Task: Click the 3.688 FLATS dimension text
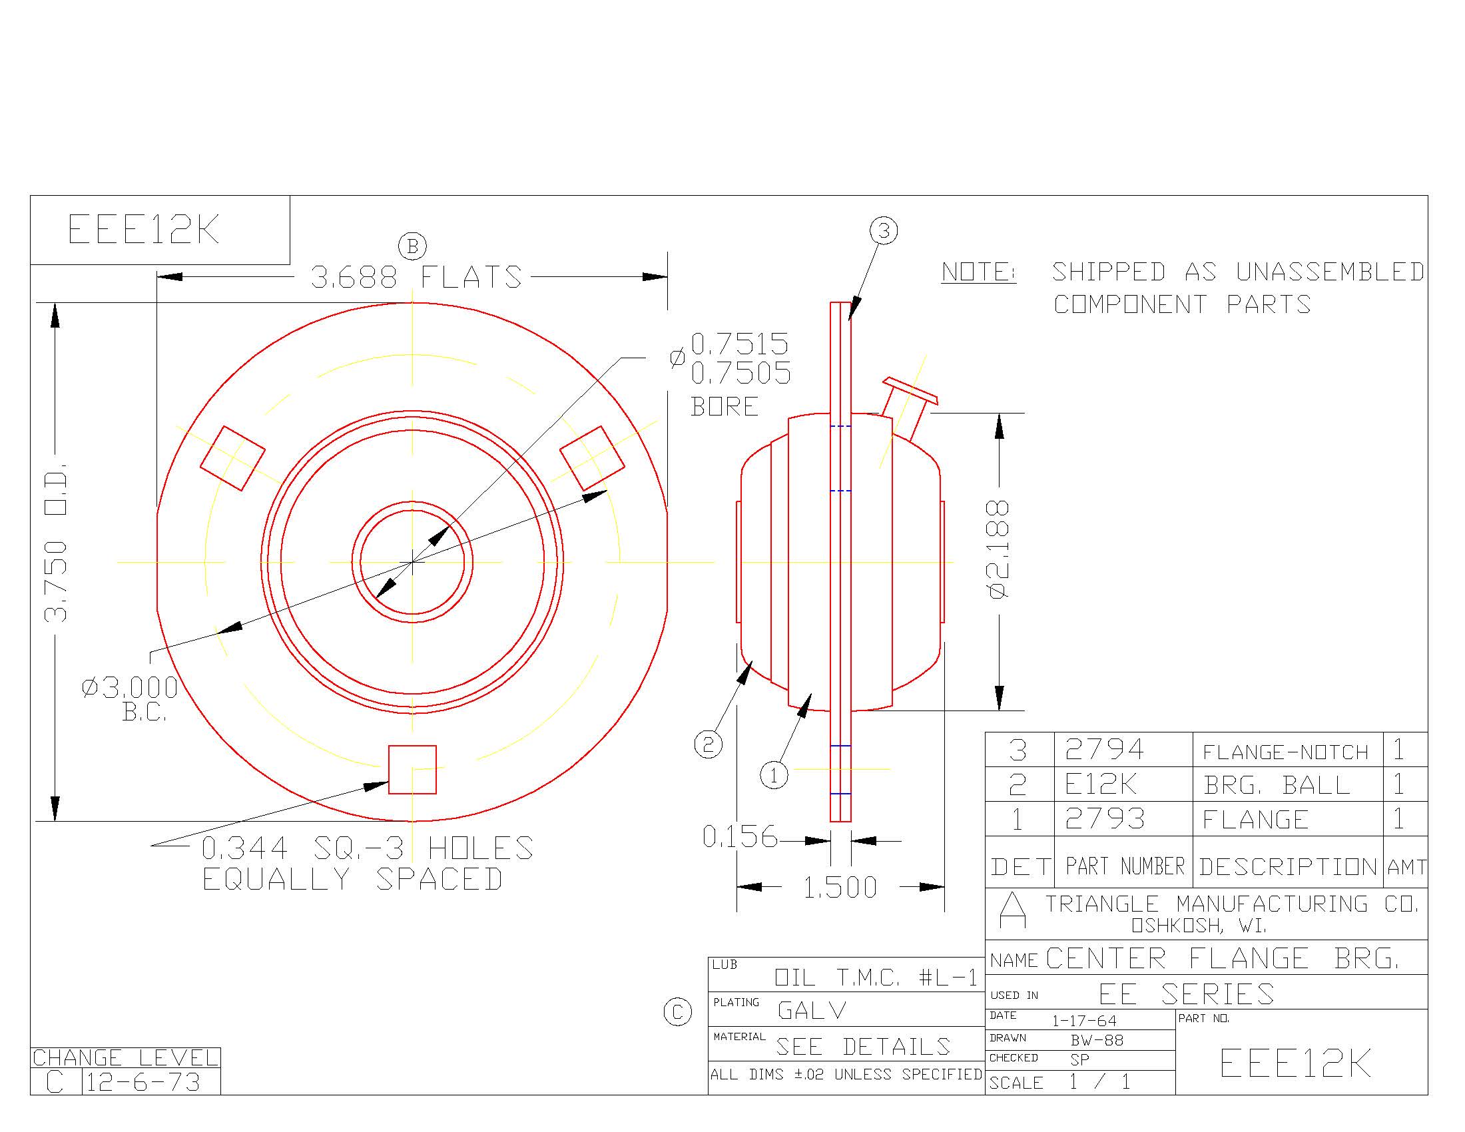click(x=416, y=277)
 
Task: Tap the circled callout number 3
click(x=884, y=230)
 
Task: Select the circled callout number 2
click(x=709, y=744)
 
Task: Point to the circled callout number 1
click(x=774, y=776)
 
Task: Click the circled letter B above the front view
click(x=413, y=246)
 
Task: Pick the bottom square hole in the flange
click(x=413, y=769)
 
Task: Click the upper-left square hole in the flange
click(x=233, y=458)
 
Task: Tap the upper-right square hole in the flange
click(x=592, y=458)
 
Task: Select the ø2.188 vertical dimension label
click(x=998, y=549)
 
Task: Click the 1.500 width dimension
click(x=840, y=888)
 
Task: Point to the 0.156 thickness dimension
click(x=739, y=837)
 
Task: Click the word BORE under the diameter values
click(x=725, y=406)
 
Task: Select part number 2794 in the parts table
click(x=1104, y=749)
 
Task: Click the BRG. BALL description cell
click(x=1276, y=784)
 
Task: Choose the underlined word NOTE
click(x=978, y=272)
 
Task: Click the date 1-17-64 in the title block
click(x=1084, y=1021)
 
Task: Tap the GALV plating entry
click(x=812, y=1010)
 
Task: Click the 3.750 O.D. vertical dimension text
click(x=56, y=542)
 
